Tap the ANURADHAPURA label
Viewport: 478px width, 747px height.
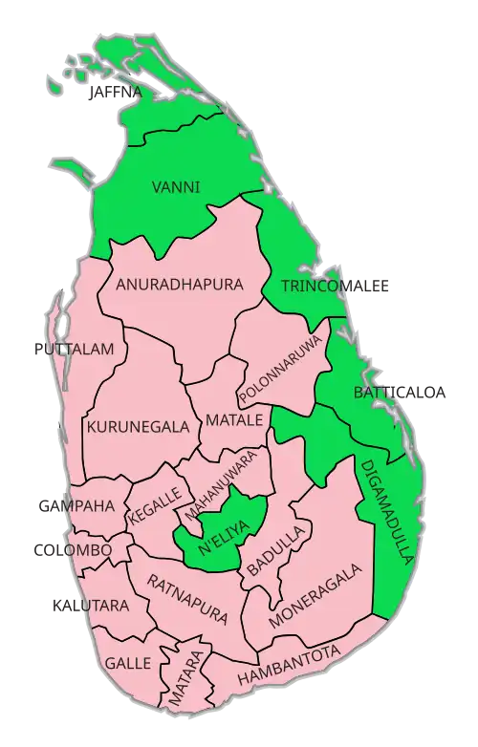(180, 285)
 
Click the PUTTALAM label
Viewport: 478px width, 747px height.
(76, 350)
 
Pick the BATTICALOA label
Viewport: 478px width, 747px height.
(400, 392)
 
